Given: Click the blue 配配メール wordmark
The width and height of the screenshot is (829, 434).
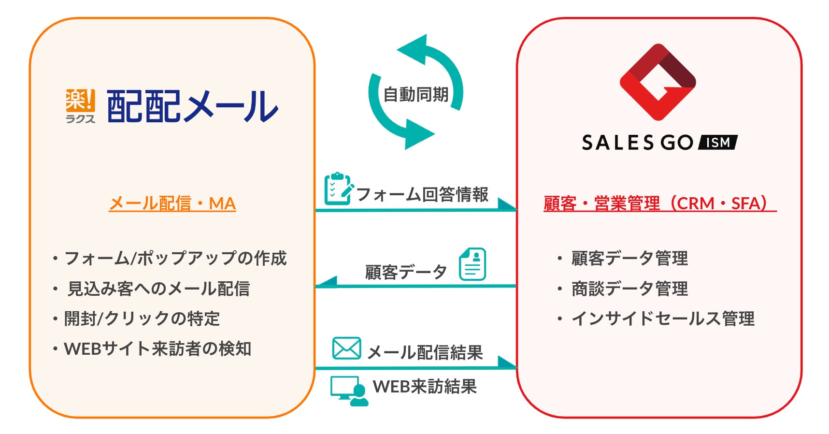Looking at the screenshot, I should [192, 106].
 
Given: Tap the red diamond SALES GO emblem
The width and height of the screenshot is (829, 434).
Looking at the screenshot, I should [657, 82].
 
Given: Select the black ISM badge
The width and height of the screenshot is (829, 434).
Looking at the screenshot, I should [718, 143].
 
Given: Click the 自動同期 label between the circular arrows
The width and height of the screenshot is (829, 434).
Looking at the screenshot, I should [415, 94].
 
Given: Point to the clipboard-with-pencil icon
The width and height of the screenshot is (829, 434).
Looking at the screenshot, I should [338, 189].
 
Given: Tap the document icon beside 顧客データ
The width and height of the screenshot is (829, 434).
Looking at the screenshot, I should [472, 264].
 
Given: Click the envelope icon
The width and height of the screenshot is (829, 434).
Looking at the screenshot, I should [346, 348].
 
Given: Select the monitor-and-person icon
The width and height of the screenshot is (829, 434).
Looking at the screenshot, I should [349, 391].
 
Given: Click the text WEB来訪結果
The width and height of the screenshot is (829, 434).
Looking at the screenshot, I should [425, 387].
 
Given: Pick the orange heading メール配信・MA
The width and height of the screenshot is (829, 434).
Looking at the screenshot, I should [172, 203].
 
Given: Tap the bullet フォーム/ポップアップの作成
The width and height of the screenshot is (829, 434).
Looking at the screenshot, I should [175, 259].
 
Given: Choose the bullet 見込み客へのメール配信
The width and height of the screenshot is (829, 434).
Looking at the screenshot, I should [158, 289].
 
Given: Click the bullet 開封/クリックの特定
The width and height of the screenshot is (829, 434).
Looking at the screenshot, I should [142, 318].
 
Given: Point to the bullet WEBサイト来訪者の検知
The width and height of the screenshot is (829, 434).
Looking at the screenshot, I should [157, 348].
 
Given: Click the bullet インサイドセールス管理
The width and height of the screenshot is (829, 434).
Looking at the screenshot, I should [662, 318].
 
